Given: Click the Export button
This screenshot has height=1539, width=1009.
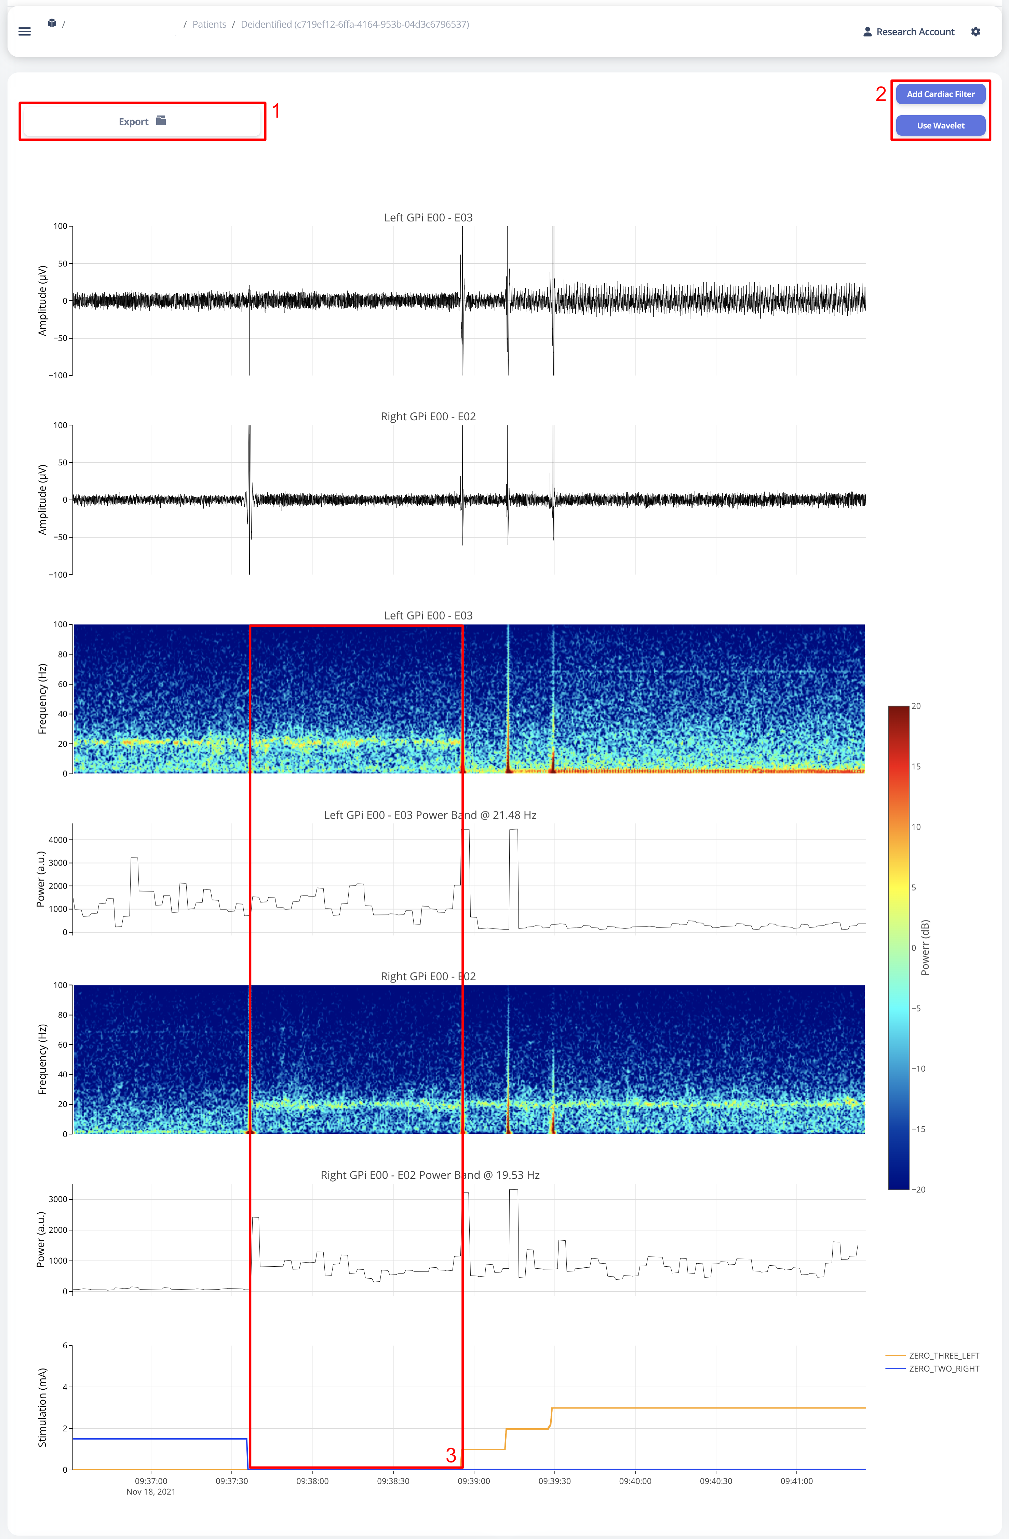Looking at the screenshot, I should coord(142,122).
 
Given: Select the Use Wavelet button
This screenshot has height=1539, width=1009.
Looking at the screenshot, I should coord(940,125).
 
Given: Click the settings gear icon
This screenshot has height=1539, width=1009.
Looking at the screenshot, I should coord(976,32).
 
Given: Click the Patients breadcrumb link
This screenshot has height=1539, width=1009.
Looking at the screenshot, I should coord(209,25).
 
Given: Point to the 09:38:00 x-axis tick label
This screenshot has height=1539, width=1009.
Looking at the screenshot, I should coord(312,1481).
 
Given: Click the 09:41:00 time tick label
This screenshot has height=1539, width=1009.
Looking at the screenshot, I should coord(796,1481).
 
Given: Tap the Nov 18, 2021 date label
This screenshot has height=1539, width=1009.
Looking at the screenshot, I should coord(151,1492).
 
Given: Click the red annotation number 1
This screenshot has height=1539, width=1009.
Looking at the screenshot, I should coord(276,111).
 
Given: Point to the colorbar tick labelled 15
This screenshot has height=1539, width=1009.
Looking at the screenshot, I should coord(916,766).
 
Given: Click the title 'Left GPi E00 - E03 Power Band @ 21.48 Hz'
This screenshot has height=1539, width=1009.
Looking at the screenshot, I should coord(430,815).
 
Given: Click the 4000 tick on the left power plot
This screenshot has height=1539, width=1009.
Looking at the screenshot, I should coord(57,840).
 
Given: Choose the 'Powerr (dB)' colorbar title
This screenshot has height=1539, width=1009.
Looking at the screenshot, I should coord(925,947).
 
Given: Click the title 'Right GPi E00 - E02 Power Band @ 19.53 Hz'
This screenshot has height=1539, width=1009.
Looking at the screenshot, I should coord(430,1175).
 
